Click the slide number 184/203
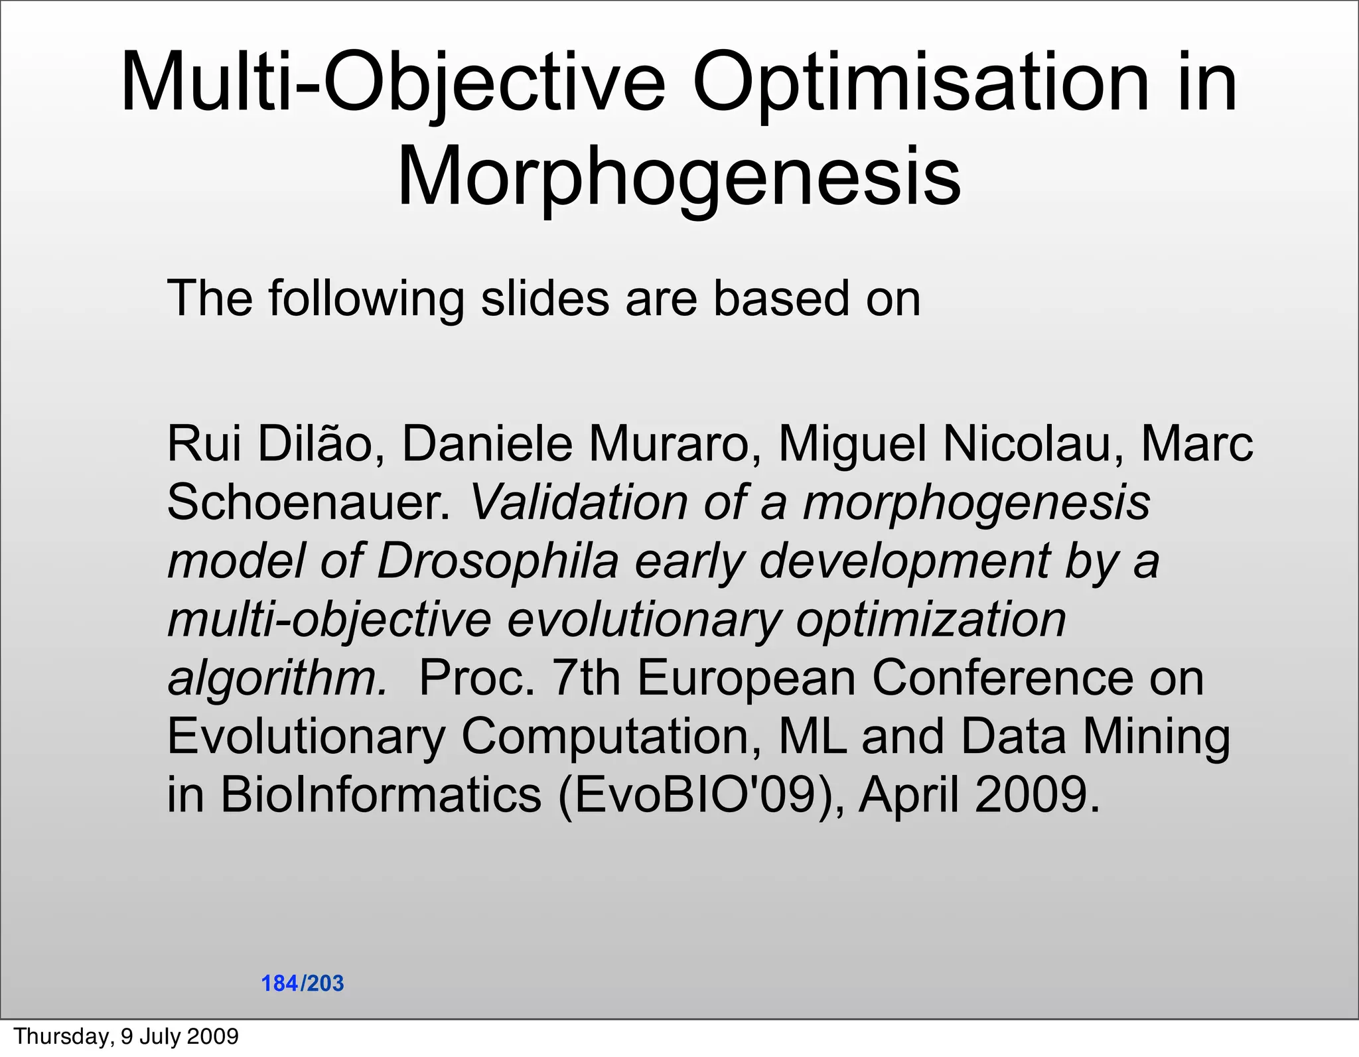(303, 983)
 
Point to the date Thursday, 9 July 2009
(126, 1036)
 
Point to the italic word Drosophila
(498, 560)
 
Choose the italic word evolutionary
(644, 618)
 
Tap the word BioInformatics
(381, 794)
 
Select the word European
(747, 677)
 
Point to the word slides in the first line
(545, 298)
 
